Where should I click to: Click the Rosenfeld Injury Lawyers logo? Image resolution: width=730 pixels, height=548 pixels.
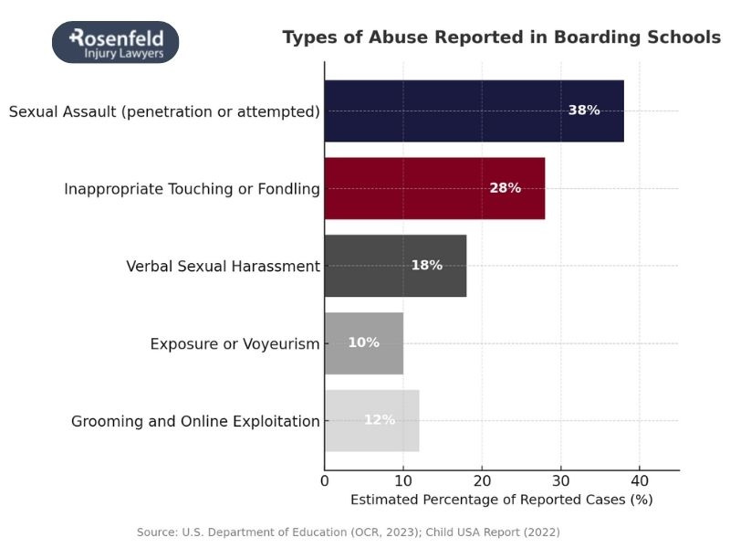(115, 42)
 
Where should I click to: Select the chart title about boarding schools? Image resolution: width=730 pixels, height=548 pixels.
(501, 37)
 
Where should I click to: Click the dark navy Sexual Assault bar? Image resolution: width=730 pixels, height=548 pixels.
(474, 111)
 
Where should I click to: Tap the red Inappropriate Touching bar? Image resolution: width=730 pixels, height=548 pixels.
(434, 188)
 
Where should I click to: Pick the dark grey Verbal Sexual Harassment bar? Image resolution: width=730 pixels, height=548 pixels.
(395, 266)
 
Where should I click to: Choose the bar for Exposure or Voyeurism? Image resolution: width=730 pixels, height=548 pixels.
(363, 342)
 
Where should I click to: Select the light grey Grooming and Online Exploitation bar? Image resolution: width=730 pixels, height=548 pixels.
(371, 420)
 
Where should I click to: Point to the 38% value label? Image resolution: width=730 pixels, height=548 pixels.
(584, 111)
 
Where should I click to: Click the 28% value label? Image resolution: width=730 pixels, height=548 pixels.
(505, 188)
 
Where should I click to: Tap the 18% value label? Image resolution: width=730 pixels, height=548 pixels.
(426, 266)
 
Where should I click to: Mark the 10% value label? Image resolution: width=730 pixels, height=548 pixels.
(363, 342)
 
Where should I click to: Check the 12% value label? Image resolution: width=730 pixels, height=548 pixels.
(380, 420)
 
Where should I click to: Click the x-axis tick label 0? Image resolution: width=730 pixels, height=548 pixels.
(325, 480)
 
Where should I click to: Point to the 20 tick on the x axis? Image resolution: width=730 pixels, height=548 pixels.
(482, 480)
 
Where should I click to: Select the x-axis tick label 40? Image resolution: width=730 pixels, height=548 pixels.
(640, 480)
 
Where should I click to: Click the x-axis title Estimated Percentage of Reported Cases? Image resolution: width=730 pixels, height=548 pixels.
(501, 500)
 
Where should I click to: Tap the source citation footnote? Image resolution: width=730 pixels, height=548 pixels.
(349, 532)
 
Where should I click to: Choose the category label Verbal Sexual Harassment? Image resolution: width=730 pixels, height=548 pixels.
(223, 267)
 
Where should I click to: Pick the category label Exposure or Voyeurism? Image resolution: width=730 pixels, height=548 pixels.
(235, 344)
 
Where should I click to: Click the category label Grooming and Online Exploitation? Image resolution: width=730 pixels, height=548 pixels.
(195, 422)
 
